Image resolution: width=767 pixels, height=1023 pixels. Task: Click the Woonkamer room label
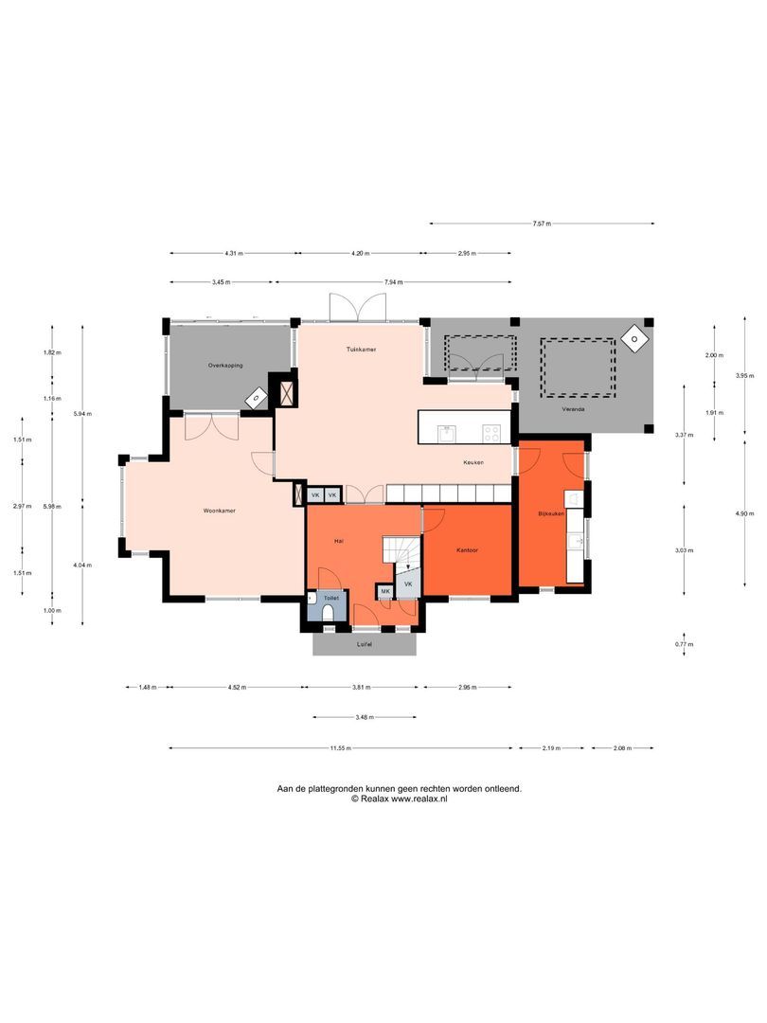click(x=219, y=511)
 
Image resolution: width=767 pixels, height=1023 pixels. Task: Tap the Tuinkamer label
click(x=361, y=350)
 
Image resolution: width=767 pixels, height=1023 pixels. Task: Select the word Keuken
click(x=473, y=462)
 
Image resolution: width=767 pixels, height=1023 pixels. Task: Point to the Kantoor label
click(x=467, y=549)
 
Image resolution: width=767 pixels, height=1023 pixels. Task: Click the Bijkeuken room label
click(x=551, y=512)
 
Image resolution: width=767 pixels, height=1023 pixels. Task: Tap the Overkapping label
click(x=226, y=365)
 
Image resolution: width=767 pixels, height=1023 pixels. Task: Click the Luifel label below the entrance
click(x=364, y=644)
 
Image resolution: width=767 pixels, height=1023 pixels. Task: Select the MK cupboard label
click(x=385, y=591)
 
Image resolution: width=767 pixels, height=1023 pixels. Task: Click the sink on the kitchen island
click(x=448, y=433)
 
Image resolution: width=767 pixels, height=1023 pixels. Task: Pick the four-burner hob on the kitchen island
click(x=492, y=433)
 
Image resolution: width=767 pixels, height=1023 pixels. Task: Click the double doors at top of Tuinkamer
click(x=358, y=308)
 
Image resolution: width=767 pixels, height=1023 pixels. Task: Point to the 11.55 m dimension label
click(x=341, y=748)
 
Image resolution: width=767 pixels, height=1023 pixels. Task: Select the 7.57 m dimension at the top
click(x=541, y=224)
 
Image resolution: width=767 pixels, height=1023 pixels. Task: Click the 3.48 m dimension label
click(x=364, y=717)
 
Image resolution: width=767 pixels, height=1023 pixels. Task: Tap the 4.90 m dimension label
click(x=745, y=513)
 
